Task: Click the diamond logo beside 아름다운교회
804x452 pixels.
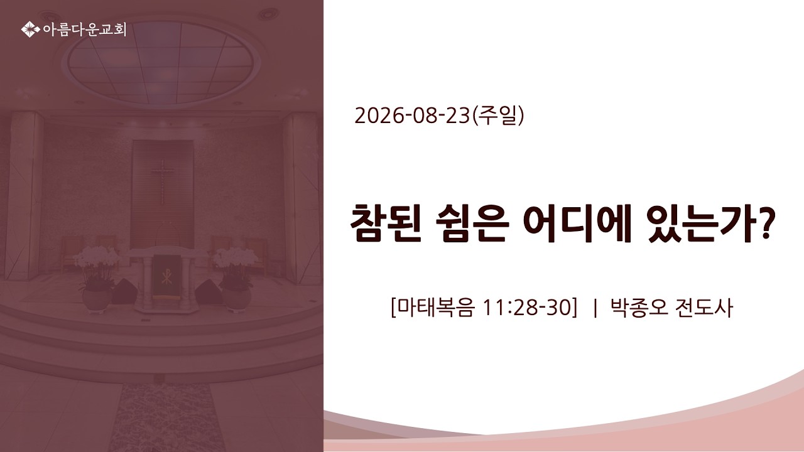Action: point(30,30)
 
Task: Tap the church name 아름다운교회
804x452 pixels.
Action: point(85,30)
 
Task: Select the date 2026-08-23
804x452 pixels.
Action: point(412,116)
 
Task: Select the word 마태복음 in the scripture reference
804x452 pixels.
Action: point(436,308)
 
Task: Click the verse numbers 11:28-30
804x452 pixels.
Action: point(526,308)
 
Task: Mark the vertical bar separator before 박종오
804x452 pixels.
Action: point(595,308)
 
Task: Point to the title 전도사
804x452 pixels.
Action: point(703,308)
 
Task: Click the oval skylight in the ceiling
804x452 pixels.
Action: point(161,62)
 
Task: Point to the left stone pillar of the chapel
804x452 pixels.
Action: point(24,195)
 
